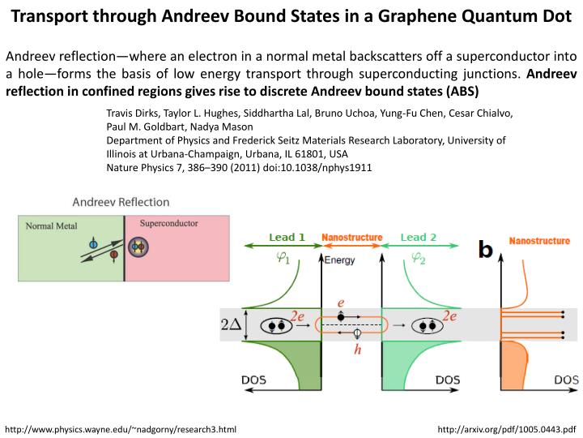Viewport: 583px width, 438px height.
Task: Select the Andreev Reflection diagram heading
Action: (121, 202)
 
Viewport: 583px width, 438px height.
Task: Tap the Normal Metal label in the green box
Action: (50, 225)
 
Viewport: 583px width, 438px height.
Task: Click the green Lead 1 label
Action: (287, 238)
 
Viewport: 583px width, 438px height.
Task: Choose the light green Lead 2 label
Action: (419, 238)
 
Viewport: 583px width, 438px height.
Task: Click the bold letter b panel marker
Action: (485, 250)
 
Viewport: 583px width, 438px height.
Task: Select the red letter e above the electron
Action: (341, 302)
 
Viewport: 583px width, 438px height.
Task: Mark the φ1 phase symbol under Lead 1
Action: (283, 259)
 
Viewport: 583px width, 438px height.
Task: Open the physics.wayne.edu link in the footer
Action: (121, 428)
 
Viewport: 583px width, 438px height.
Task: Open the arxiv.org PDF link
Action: (506, 428)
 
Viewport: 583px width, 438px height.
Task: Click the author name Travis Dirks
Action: (133, 113)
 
